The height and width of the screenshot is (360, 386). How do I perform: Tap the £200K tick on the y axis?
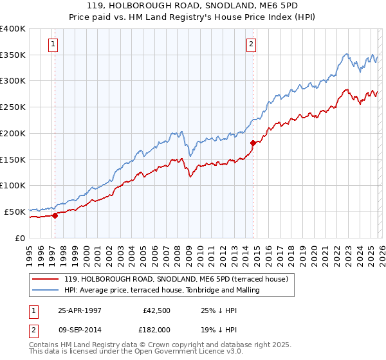tap(13, 133)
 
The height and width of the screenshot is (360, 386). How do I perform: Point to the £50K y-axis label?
tap(15, 212)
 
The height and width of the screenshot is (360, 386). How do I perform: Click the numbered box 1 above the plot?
tap(53, 44)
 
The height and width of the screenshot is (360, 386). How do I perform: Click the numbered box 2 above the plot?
tap(251, 44)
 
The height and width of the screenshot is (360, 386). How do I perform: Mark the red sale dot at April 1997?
tap(55, 215)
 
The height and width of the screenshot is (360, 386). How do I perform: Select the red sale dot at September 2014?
tap(253, 143)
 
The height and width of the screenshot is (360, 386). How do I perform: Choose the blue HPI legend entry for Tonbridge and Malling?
tap(161, 290)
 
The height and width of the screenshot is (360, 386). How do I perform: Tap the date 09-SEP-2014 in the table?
tap(82, 329)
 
